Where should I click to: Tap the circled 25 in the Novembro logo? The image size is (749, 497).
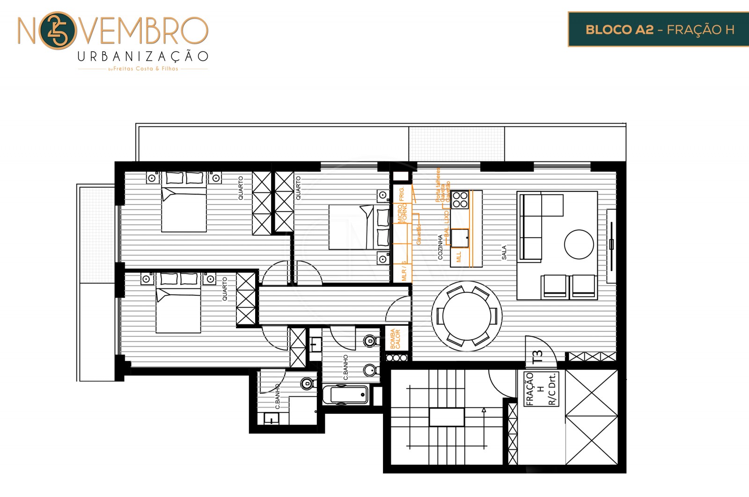57,31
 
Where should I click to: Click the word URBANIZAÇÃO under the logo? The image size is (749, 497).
142,57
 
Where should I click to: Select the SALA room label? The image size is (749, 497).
504,252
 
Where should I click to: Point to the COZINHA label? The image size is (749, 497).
440,247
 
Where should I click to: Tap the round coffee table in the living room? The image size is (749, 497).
579,244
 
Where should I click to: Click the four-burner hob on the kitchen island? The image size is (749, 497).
460,199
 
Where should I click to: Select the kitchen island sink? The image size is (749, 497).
460,238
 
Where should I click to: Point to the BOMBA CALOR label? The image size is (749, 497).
395,339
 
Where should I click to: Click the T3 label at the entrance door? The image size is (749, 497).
538,357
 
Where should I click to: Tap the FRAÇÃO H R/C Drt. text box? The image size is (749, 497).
541,388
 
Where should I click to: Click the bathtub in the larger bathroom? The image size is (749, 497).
346,395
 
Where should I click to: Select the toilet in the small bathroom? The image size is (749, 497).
307,384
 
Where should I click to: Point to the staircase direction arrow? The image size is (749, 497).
484,410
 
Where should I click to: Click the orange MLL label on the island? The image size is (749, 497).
459,256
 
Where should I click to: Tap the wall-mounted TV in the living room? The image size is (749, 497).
611,245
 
